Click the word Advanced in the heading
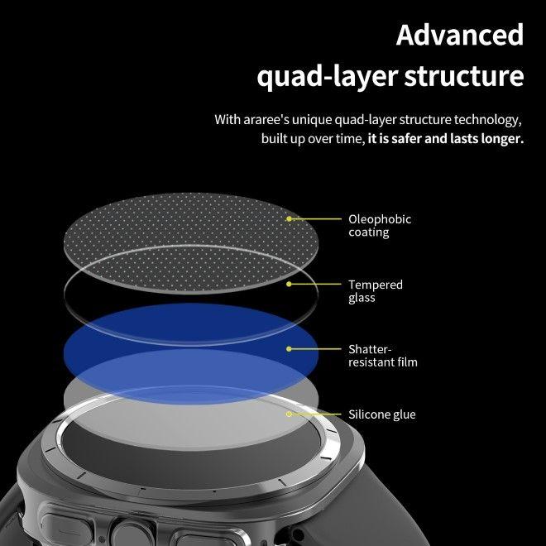[x=459, y=35]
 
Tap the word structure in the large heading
[x=463, y=77]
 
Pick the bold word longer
[x=500, y=139]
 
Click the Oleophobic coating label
[x=380, y=226]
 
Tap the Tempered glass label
[x=375, y=291]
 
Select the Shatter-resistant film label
[x=382, y=356]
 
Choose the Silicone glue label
[x=381, y=414]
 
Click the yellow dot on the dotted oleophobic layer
[x=290, y=219]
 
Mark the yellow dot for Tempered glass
[x=290, y=284]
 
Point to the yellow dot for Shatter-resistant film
[x=290, y=349]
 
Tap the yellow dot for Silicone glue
[x=290, y=414]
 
